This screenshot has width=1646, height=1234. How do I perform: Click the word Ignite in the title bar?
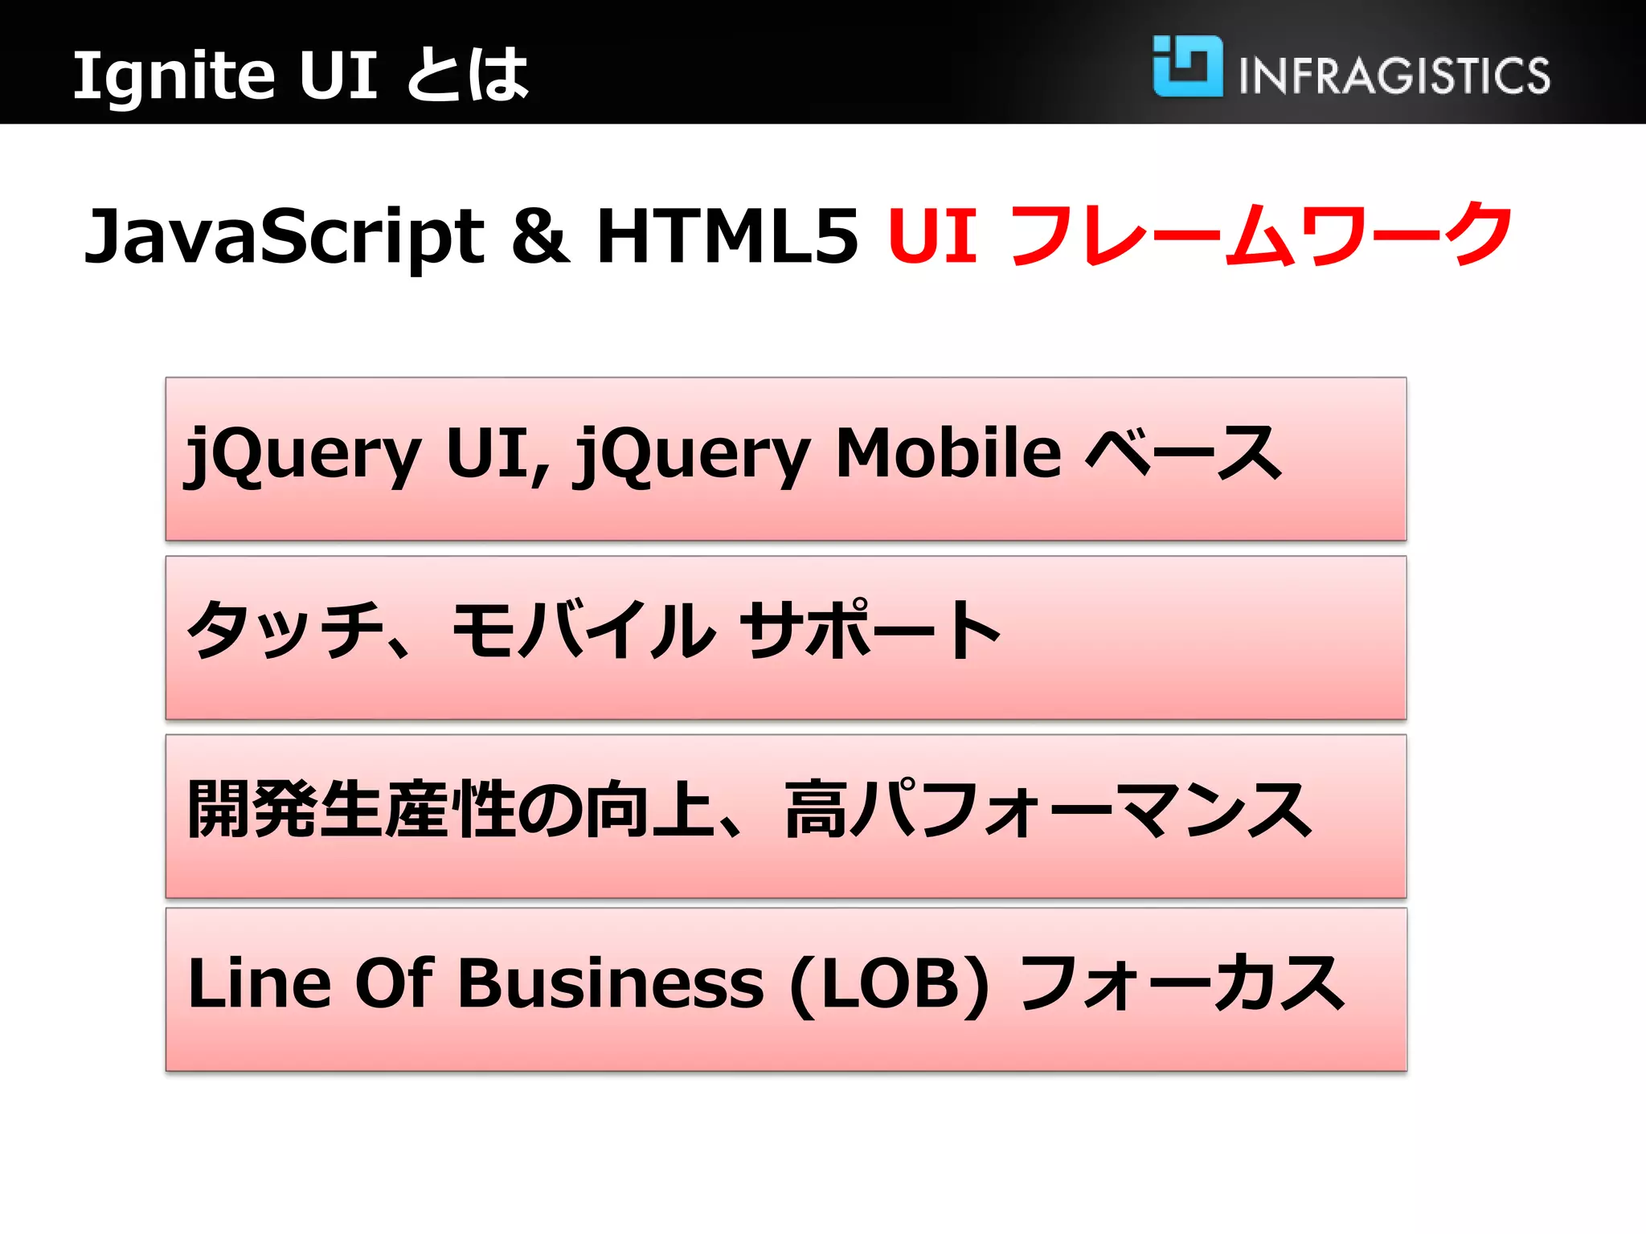pyautogui.click(x=174, y=76)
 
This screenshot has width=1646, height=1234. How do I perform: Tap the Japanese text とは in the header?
pyautogui.click(x=468, y=76)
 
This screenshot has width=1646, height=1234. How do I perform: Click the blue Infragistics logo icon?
pyautogui.click(x=1187, y=66)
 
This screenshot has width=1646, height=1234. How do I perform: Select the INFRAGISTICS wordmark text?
pyautogui.click(x=1394, y=76)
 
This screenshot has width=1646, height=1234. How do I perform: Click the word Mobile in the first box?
pyautogui.click(x=948, y=453)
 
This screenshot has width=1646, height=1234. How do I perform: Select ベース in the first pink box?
pyautogui.click(x=1181, y=453)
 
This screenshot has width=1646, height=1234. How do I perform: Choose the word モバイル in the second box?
pyautogui.click(x=583, y=631)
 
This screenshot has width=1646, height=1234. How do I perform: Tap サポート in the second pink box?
pyautogui.click(x=870, y=631)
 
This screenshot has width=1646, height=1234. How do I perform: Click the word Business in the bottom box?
pyautogui.click(x=611, y=983)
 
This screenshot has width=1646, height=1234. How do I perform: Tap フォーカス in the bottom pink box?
pyautogui.click(x=1181, y=983)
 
